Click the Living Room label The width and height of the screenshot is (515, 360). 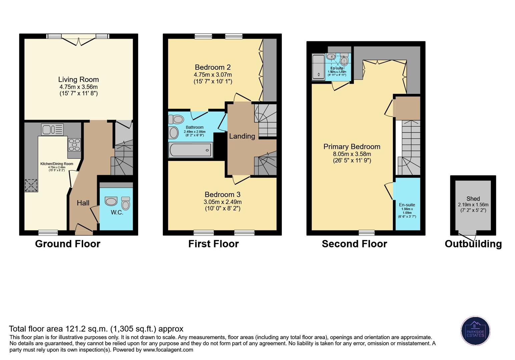[x=78, y=79]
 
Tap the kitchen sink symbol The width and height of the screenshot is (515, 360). [x=52, y=129]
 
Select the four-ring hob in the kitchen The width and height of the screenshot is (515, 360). [x=74, y=144]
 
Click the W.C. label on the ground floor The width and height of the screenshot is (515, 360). [x=117, y=212]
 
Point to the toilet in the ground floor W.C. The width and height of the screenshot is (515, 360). [x=125, y=203]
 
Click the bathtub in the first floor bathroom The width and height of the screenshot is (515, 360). [x=190, y=150]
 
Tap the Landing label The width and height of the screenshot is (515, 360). [x=242, y=136]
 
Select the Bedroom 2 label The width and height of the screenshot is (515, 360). [x=212, y=67]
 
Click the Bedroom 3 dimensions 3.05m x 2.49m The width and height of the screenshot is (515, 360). [x=222, y=202]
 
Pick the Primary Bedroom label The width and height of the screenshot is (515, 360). [x=352, y=147]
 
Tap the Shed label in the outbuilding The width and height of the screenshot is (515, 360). [x=473, y=199]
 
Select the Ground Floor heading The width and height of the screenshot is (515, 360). [x=68, y=244]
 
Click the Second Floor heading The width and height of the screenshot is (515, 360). [x=354, y=244]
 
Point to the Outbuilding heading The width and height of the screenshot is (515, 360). [x=473, y=244]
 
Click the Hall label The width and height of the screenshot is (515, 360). [x=83, y=203]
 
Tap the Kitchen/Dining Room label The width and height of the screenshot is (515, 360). [x=57, y=164]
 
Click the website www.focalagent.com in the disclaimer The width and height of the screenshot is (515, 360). [x=168, y=350]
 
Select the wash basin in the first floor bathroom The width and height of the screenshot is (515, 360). [x=174, y=133]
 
